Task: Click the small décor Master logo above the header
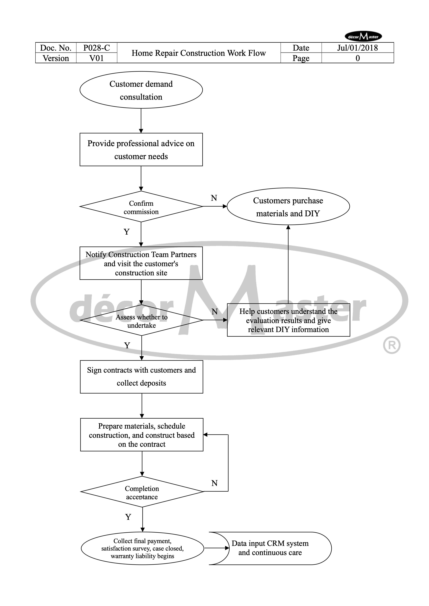[363, 37]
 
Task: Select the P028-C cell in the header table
[97, 48]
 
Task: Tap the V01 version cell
[97, 58]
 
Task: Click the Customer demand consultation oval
[141, 90]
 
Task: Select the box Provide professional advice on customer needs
[141, 150]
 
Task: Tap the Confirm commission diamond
[141, 207]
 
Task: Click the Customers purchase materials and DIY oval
[288, 206]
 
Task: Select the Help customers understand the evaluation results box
[288, 320]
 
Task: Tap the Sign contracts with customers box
[141, 377]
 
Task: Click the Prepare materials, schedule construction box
[142, 435]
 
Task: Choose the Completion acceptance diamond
[142, 492]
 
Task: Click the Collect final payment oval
[142, 548]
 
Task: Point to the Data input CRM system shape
[270, 548]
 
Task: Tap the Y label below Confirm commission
[127, 232]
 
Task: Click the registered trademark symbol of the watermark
[392, 345]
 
